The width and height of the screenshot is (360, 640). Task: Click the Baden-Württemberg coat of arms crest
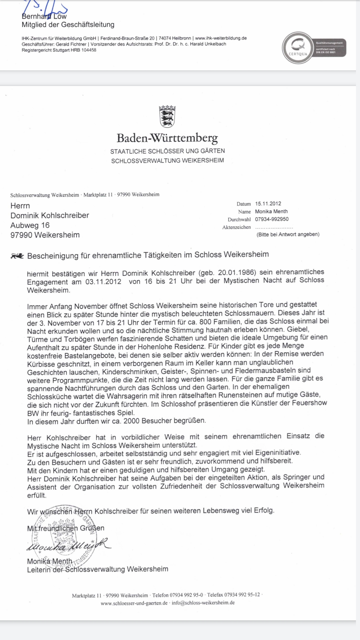click(167, 116)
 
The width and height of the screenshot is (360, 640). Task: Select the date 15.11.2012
click(268, 203)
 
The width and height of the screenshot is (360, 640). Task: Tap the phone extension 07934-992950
click(272, 219)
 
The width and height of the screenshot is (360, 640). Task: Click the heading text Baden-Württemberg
click(167, 138)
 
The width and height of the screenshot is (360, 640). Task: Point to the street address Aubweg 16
click(30, 225)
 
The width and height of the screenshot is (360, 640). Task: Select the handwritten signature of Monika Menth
click(68, 546)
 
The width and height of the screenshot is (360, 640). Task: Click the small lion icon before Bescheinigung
click(17, 256)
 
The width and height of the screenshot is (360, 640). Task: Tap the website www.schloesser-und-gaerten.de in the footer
click(134, 603)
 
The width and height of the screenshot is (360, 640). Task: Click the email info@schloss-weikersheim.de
click(203, 603)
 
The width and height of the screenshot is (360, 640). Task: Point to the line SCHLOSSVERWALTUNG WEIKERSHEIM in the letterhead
click(167, 161)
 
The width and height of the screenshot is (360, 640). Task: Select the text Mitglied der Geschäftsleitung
click(68, 25)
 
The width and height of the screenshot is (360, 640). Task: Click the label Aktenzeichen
click(236, 227)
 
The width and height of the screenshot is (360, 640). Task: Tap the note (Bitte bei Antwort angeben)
click(288, 234)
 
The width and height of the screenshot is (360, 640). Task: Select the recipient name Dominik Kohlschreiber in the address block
click(50, 215)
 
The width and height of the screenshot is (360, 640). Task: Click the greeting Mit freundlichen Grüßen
click(66, 528)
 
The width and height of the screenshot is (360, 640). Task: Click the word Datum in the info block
click(244, 204)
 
